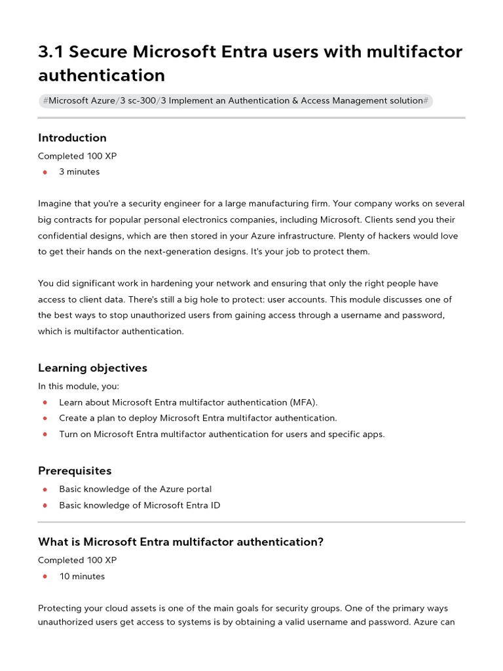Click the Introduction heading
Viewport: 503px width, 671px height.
point(72,138)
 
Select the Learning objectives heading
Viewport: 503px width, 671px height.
point(92,368)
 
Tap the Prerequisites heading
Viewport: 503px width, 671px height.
point(75,470)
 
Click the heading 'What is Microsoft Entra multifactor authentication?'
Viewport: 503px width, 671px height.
point(181,542)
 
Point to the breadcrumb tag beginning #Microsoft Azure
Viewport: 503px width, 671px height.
point(235,101)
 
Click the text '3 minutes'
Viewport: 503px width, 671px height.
point(79,172)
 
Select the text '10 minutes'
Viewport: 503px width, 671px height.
point(82,577)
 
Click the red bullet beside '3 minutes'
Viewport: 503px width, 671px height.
point(45,172)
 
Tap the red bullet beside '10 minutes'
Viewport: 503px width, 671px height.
point(45,577)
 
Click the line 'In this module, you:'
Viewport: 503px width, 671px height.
point(79,386)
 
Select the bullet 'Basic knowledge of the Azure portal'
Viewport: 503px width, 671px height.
point(135,489)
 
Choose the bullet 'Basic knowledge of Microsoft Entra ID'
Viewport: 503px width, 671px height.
point(140,505)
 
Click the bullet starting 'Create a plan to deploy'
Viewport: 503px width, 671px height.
point(198,418)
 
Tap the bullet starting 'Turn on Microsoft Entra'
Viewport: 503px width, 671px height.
point(221,434)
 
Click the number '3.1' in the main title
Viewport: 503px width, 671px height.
point(52,52)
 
